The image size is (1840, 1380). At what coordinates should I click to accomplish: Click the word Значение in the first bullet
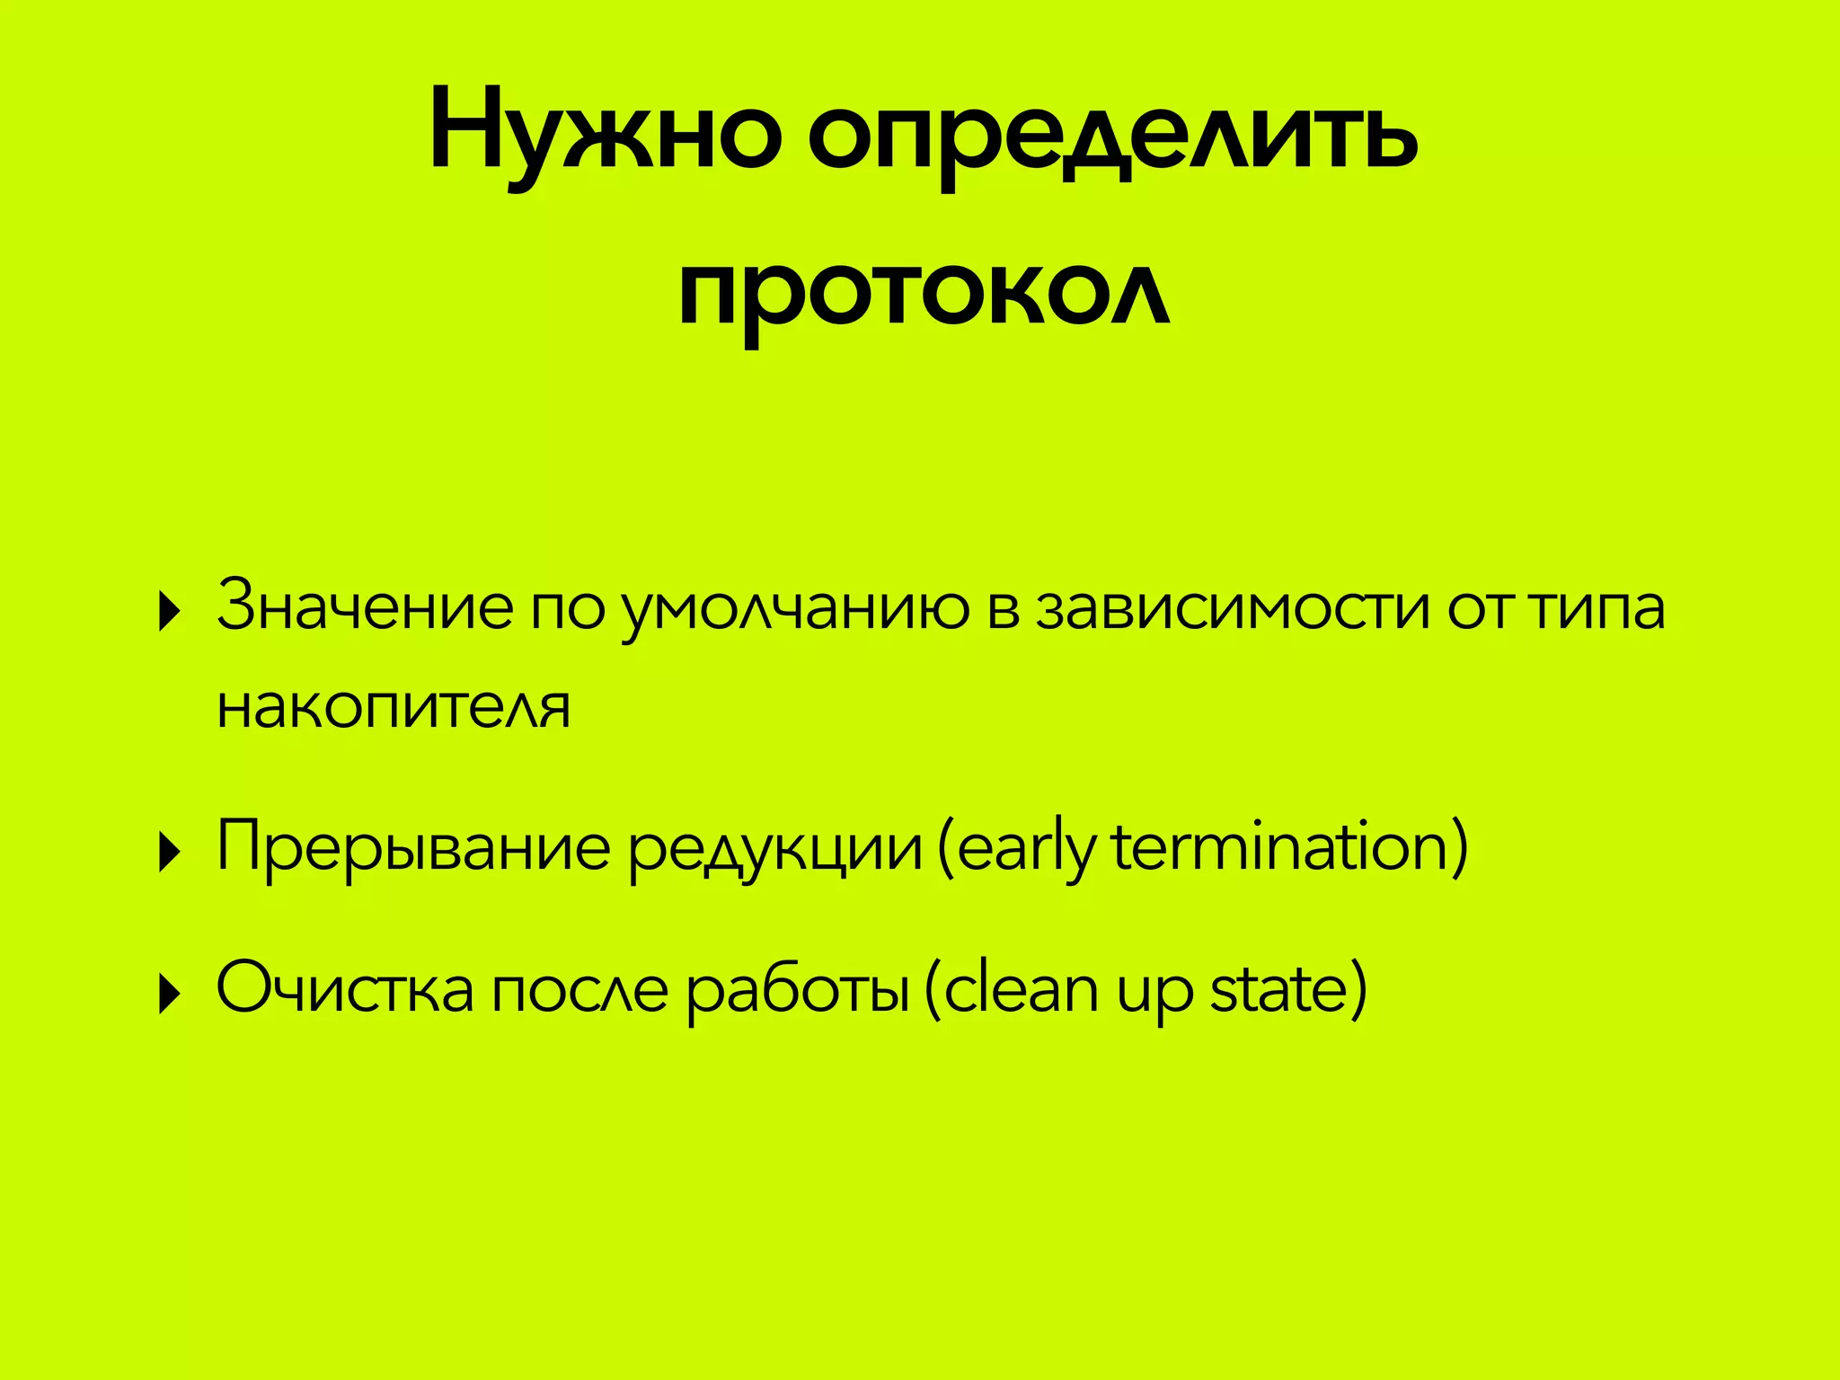pos(365,606)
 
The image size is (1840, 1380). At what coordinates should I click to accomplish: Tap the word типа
pos(1598,606)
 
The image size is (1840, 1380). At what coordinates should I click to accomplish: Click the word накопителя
pos(394,707)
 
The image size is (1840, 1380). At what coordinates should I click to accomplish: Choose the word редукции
pos(774,849)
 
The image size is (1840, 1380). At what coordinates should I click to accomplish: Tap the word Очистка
pos(345,987)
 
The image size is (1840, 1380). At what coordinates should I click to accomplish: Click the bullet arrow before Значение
pos(168,613)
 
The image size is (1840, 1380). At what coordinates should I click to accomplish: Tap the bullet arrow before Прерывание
pos(168,852)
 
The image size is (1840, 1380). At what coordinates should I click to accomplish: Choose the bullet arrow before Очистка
pos(168,994)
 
